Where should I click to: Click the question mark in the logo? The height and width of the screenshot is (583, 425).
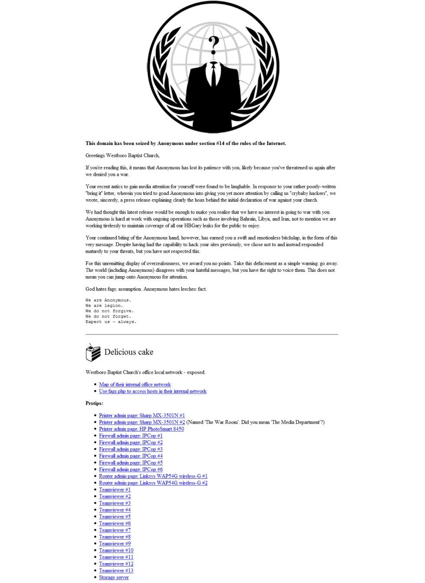coord(213,44)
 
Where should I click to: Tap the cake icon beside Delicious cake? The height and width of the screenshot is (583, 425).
coord(92,352)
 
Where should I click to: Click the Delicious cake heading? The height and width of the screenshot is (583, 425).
coord(129,352)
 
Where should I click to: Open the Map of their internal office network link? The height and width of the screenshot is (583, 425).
coord(135,385)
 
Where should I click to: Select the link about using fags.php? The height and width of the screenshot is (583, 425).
coord(153,391)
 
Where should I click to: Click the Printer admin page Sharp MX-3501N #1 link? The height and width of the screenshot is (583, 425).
coord(142,415)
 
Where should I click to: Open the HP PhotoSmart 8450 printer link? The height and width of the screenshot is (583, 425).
coord(141,429)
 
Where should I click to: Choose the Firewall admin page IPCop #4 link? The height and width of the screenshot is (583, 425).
coord(131,456)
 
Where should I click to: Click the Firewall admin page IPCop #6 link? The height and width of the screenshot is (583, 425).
coord(131,469)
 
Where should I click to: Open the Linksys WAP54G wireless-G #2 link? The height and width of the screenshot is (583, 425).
coord(153,483)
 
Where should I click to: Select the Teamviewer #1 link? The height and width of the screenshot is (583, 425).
coord(114,490)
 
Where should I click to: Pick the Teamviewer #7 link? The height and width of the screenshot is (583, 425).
coord(114,530)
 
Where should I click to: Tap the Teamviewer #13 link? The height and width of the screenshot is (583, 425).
coord(116,570)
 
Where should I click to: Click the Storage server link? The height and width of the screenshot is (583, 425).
coord(114,577)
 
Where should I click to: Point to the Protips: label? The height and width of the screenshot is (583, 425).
coord(94,403)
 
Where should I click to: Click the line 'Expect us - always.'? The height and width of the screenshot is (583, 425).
coord(111,322)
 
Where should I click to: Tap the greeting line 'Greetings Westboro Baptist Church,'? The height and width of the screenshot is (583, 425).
coord(122,155)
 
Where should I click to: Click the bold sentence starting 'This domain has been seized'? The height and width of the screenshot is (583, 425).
coord(186,143)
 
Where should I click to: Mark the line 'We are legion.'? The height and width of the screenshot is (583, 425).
coord(104,306)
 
